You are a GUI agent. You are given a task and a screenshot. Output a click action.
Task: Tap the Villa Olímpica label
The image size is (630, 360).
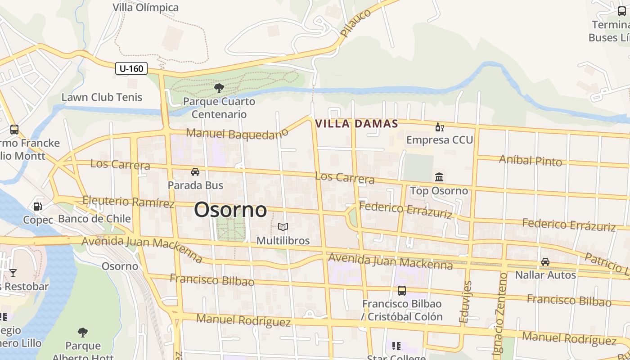(145, 8)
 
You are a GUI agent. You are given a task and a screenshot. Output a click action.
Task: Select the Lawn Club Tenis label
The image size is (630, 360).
(102, 97)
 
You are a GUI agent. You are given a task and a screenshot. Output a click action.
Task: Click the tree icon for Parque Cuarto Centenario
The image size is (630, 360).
(219, 88)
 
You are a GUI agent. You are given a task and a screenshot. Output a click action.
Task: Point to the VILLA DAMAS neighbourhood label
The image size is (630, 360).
(357, 124)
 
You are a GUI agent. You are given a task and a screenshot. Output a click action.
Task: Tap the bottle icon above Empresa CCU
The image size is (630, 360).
(439, 127)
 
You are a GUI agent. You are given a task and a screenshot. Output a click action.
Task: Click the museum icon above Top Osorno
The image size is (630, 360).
(439, 177)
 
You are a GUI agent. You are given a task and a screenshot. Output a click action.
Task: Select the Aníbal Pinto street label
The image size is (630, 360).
(531, 160)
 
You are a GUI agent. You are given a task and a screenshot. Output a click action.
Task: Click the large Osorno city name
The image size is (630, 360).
(230, 210)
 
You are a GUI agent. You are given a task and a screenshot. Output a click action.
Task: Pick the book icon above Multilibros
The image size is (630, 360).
(283, 227)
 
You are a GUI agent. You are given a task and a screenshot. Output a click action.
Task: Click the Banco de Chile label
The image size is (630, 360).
(94, 219)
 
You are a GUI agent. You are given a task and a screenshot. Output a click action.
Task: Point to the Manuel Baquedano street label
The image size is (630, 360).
(237, 134)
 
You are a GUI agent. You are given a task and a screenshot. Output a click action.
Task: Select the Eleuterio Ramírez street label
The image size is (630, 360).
(129, 202)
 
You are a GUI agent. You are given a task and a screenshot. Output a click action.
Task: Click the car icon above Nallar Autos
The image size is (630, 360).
(545, 261)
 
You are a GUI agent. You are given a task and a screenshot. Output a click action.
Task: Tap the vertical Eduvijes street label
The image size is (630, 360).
(466, 302)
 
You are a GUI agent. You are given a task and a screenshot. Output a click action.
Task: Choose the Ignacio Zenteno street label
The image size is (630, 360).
(500, 310)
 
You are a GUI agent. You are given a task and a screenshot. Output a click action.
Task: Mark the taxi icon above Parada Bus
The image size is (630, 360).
(195, 172)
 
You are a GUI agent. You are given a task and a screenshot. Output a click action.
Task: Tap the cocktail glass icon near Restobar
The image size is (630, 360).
(13, 273)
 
